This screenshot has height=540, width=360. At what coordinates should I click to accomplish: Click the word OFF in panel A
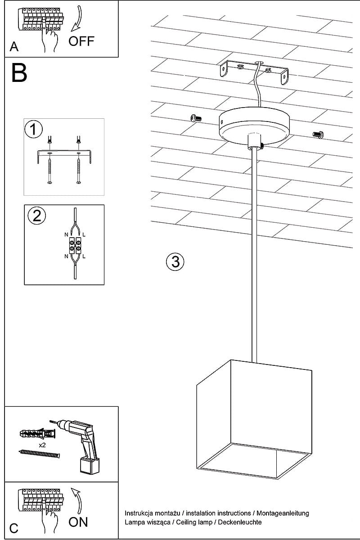point(81,41)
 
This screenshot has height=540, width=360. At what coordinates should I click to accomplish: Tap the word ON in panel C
point(78,522)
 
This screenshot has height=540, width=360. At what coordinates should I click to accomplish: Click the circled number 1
point(33,130)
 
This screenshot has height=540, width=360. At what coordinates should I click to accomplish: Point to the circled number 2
point(36,216)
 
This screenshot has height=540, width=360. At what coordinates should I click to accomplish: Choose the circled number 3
point(175,261)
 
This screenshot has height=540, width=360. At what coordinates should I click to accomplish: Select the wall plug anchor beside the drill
point(38,434)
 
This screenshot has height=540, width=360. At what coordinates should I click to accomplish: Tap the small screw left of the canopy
point(195,118)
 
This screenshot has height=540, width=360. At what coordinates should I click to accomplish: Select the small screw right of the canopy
point(318,134)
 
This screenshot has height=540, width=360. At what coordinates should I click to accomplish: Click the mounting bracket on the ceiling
point(254,72)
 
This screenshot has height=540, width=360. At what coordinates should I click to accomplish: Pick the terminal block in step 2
point(75,245)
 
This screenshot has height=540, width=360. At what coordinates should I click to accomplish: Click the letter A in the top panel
point(14,46)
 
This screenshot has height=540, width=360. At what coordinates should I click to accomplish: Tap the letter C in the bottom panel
point(14,529)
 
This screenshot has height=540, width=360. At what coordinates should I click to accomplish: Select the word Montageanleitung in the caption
point(282,513)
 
